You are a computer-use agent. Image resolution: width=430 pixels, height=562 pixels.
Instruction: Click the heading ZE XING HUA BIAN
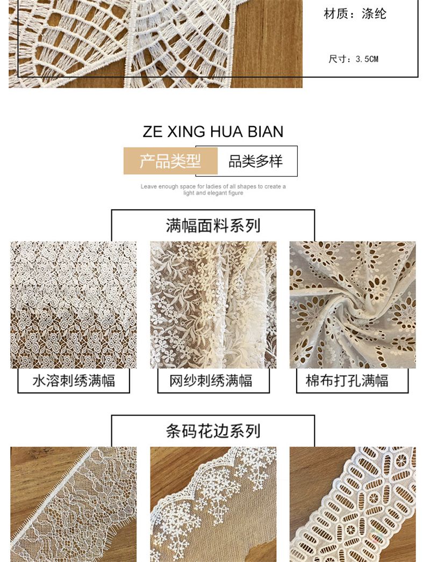click(213, 132)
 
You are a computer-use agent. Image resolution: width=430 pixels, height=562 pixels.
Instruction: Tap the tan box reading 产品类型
click(170, 161)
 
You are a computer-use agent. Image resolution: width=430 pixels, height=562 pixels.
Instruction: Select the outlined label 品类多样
click(255, 161)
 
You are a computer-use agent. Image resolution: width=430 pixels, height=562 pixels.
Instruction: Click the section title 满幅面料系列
click(213, 226)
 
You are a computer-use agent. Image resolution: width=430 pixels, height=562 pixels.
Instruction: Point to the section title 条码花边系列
click(213, 431)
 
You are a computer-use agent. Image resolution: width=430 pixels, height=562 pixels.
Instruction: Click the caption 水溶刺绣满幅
click(74, 381)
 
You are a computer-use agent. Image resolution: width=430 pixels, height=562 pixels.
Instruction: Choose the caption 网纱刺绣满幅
click(211, 381)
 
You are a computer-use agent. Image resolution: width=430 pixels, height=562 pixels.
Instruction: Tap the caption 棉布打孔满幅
click(347, 381)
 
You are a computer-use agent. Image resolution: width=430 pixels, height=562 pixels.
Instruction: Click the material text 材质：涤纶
click(355, 14)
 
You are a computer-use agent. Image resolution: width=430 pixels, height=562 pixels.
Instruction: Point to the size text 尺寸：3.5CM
click(354, 59)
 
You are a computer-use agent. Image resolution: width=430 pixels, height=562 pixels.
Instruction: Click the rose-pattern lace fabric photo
click(74, 305)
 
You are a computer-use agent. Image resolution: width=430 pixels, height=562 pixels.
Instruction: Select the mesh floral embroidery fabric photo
click(213, 305)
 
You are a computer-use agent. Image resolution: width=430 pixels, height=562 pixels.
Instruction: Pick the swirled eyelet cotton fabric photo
click(353, 305)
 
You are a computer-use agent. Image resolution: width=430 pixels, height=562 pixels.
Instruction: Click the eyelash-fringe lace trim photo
click(74, 504)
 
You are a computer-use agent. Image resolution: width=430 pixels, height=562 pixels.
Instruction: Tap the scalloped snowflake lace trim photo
click(213, 504)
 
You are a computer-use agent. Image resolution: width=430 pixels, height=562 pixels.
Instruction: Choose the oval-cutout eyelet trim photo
click(353, 504)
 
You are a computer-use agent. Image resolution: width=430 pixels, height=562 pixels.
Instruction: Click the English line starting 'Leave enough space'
click(213, 186)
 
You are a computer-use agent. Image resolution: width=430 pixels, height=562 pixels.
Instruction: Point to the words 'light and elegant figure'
click(213, 193)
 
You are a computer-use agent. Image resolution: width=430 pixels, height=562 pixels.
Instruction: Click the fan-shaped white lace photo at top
click(155, 43)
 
